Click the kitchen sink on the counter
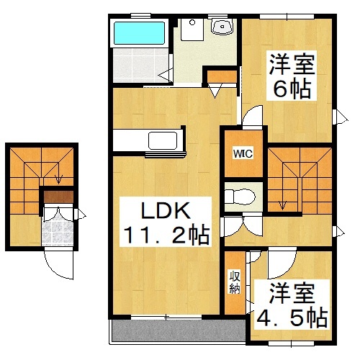[x=157, y=139]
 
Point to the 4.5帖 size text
[x=291, y=317]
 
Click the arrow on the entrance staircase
[x=58, y=176]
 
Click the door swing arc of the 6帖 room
[x=253, y=118]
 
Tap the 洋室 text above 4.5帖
[x=291, y=294]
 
